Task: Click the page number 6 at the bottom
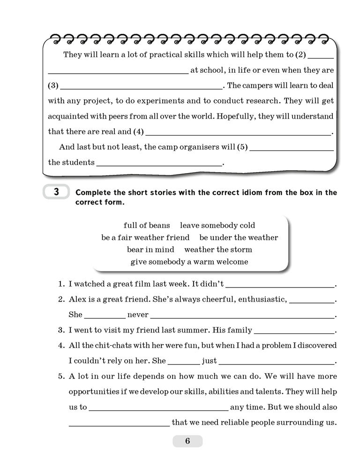coord(187,441)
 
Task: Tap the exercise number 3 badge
coord(56,192)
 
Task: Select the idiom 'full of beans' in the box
coord(147,226)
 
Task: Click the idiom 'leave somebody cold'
coord(217,226)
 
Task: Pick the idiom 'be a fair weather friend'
coord(145,237)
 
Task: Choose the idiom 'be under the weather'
coord(239,237)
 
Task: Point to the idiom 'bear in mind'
coord(150,250)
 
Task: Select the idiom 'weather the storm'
coord(218,250)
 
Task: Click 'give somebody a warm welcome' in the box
coord(189,262)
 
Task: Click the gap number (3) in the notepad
coord(53,86)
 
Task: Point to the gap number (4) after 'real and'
coord(139,132)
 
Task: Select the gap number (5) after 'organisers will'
coord(242,147)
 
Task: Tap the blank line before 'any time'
coord(158,408)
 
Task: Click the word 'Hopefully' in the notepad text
coord(224,116)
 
